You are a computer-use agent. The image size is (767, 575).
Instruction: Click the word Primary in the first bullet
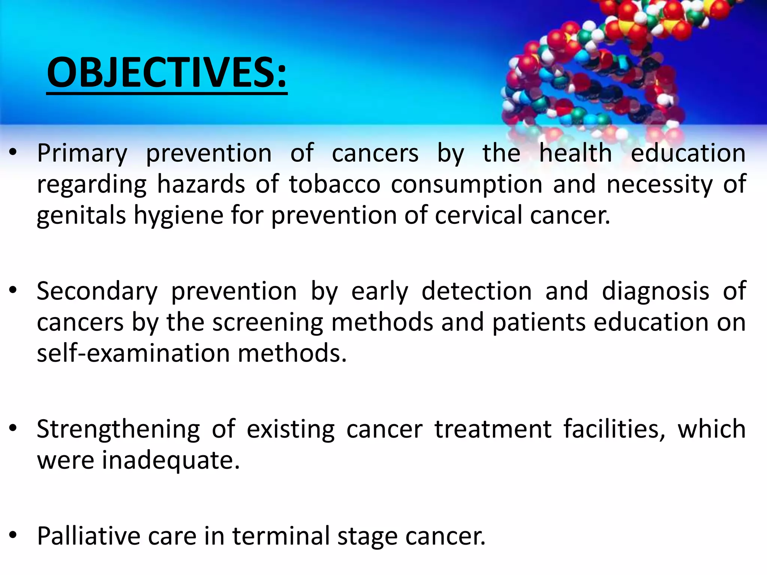point(82,154)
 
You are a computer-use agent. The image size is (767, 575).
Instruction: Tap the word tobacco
point(334,185)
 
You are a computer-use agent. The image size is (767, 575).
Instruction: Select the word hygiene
point(178,216)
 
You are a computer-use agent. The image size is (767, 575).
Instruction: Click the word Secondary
point(97,292)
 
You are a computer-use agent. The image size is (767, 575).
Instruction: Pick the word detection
point(476,292)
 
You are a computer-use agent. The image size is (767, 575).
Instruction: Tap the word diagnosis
point(655,292)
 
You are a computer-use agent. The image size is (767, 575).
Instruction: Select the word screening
point(267,323)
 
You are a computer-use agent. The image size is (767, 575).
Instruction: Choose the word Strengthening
point(118,429)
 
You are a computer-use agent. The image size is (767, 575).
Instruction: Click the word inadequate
point(170,460)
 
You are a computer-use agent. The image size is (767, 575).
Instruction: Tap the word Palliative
point(88,536)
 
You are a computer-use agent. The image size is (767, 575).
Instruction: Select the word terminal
point(281,536)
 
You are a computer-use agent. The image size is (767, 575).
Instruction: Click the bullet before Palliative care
point(13,535)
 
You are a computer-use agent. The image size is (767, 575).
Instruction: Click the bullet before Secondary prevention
point(13,291)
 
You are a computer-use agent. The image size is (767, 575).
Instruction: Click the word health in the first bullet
point(575,153)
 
